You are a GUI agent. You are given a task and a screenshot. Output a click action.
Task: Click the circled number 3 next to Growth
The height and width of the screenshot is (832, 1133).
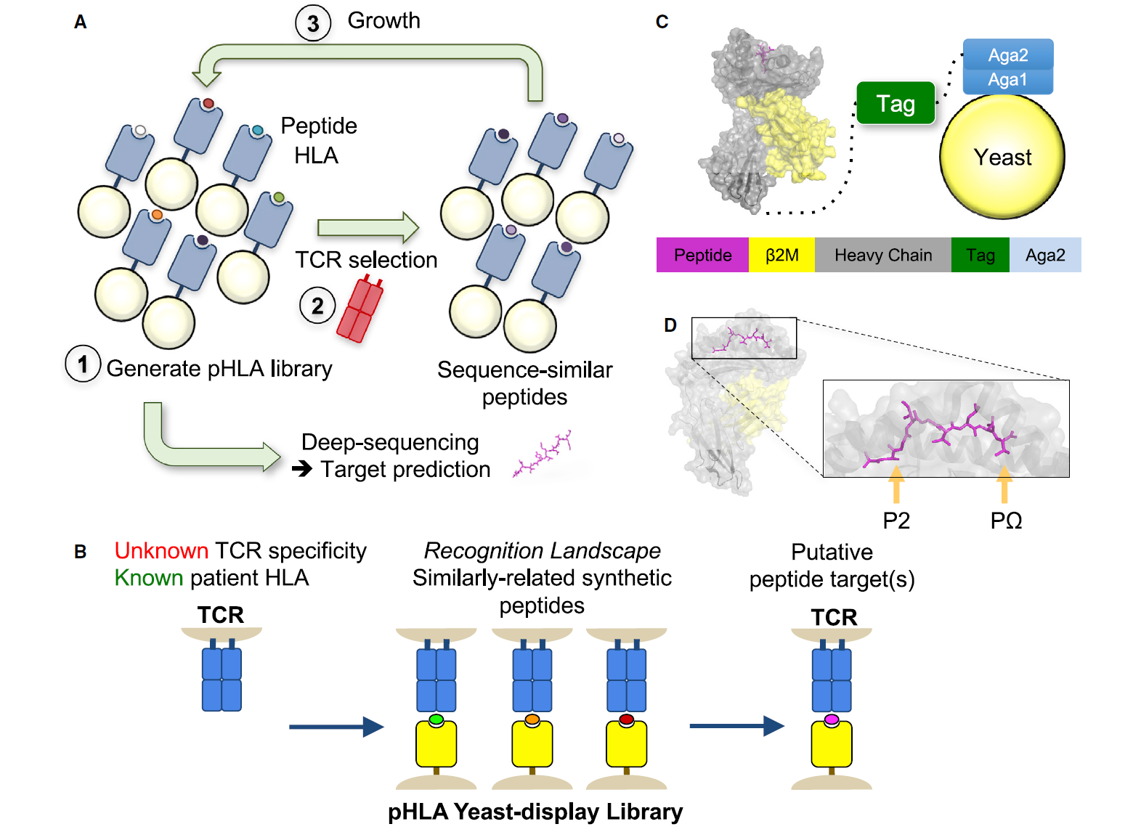(313, 23)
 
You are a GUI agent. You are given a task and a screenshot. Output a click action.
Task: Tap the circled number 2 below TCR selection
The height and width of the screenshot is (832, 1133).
(317, 306)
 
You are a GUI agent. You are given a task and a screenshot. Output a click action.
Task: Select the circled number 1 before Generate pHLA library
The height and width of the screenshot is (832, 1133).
(83, 364)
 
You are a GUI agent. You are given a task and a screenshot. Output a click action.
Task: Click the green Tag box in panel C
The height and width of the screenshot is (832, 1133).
(896, 104)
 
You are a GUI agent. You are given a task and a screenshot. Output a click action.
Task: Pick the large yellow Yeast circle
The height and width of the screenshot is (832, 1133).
(1002, 157)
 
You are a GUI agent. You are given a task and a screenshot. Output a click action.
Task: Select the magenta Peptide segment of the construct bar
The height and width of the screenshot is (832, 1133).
(702, 255)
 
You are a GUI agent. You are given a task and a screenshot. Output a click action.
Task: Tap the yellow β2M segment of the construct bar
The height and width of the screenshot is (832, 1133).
(781, 255)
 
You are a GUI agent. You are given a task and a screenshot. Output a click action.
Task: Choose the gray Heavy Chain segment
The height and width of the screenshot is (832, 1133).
(882, 255)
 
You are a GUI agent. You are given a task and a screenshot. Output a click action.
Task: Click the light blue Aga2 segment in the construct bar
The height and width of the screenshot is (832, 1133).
(1044, 255)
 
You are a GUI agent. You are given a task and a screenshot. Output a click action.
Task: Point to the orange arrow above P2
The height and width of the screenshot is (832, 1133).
(896, 484)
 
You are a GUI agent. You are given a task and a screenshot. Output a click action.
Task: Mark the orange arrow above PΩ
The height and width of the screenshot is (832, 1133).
(1004, 484)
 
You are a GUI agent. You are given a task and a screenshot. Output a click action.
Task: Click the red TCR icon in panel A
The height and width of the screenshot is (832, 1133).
(360, 310)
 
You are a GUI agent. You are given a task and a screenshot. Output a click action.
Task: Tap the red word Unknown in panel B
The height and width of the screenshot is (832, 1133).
(161, 551)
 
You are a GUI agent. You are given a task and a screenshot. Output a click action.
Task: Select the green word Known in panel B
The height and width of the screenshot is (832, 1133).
(149, 578)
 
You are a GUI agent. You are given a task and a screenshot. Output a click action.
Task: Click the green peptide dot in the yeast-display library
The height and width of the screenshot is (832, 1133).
(436, 720)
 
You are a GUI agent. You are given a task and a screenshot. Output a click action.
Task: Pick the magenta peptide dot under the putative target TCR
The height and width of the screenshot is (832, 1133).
(831, 720)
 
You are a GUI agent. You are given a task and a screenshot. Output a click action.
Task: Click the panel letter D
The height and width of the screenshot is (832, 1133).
(670, 325)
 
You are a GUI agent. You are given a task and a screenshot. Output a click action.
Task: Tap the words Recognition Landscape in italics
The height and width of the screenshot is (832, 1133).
(542, 551)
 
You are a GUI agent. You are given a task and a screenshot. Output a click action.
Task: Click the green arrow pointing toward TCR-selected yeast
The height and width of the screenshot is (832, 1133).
(367, 228)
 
